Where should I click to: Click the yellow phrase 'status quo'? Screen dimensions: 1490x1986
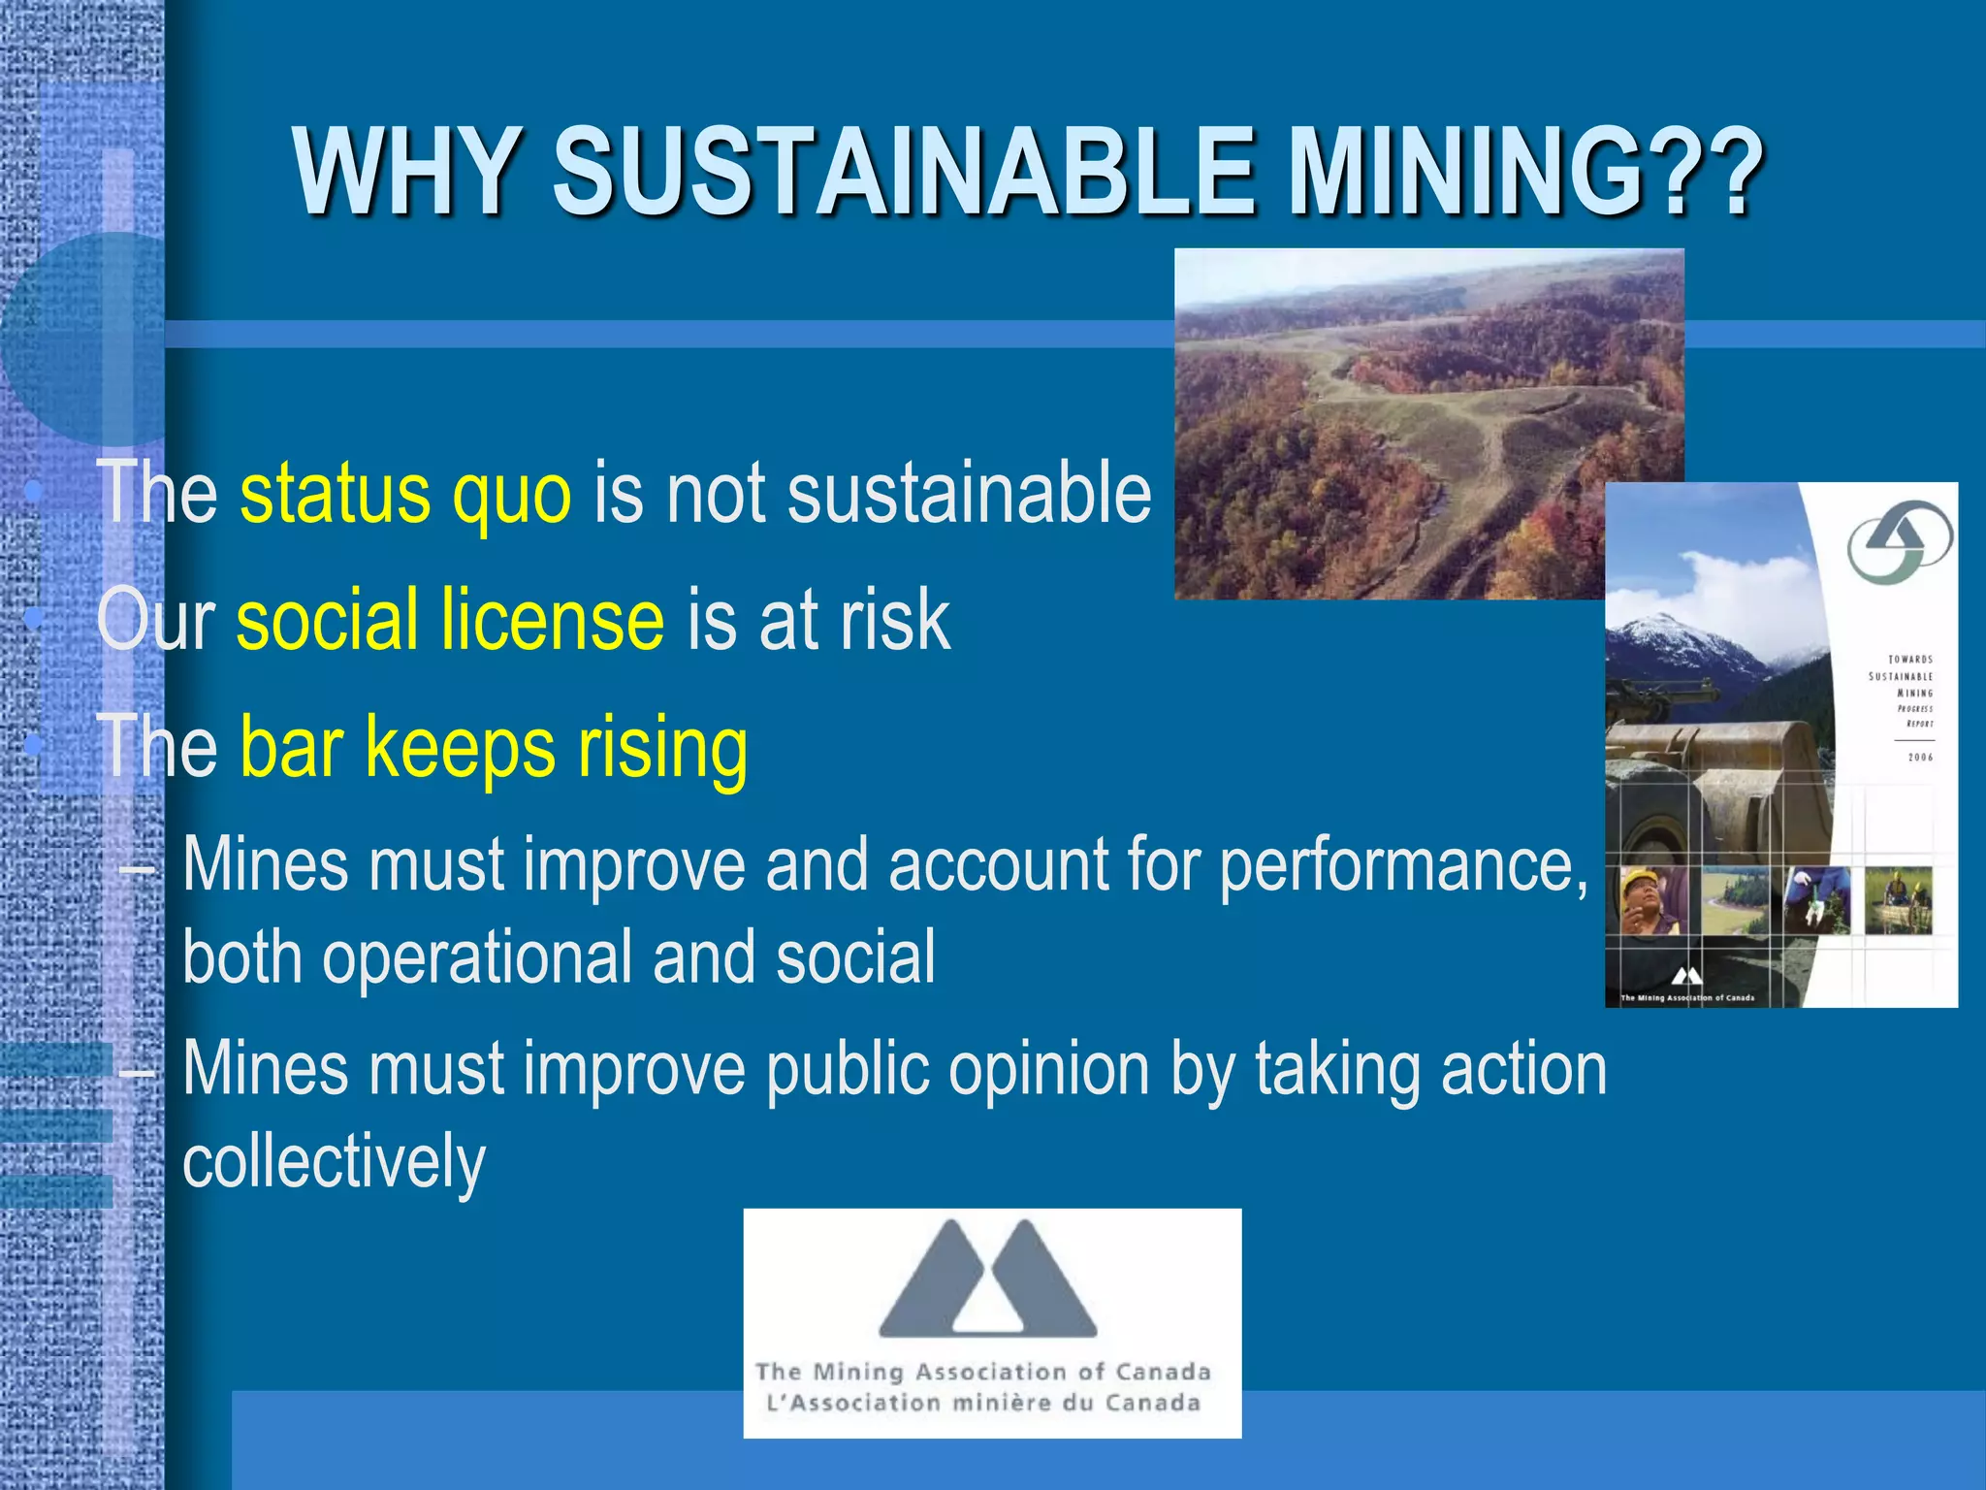(405, 495)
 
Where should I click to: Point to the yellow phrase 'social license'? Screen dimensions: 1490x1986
(450, 621)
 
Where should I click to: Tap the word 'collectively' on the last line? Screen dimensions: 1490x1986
(334, 1161)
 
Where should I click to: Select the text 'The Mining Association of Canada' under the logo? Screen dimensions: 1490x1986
(982, 1372)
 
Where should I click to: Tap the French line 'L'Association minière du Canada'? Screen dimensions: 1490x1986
(982, 1403)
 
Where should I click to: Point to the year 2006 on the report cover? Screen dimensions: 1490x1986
(1920, 758)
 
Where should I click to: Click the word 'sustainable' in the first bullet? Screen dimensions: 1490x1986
(969, 495)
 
